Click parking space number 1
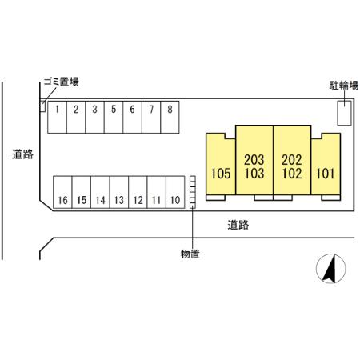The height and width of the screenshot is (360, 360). coord(57,117)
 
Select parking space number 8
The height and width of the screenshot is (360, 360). coord(170,117)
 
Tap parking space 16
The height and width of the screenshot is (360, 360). coord(62,192)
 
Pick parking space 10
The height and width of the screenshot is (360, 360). coord(175,192)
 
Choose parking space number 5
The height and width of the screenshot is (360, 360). coord(114,117)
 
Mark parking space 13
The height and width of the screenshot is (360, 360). coord(119,192)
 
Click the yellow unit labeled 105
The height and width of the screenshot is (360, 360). coord(221,164)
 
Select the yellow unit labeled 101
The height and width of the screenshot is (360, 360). coord(326,164)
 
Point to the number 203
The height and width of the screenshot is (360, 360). coord(254,160)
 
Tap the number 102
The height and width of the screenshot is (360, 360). coord(292,174)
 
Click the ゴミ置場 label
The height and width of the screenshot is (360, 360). coord(62,82)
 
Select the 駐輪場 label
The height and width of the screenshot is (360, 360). coord(344,86)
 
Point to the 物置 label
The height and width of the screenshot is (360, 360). coord(190,254)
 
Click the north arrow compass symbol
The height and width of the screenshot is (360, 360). coord(330,269)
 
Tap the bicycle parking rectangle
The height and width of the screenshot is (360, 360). coord(344,113)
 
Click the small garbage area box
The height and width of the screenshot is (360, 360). coord(42,106)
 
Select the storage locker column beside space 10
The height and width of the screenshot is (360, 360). coord(193,192)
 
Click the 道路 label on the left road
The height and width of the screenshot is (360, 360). coord(22,154)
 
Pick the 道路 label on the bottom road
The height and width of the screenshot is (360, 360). coord(238,225)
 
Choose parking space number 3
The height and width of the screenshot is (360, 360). coord(94,117)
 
